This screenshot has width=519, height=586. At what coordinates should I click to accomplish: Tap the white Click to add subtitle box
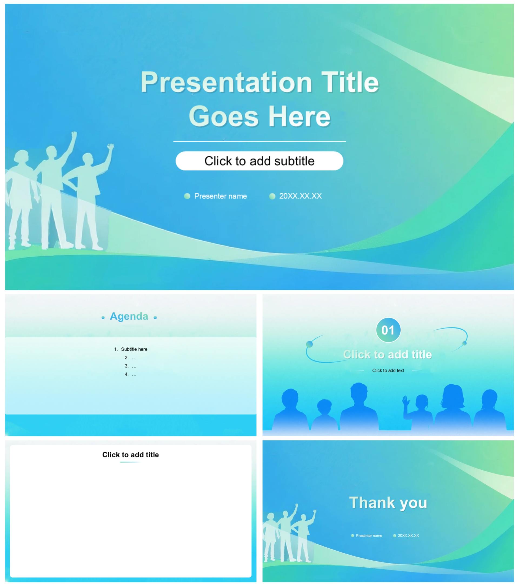pyautogui.click(x=259, y=161)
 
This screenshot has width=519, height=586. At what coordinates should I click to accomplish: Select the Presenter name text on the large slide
pyautogui.click(x=220, y=196)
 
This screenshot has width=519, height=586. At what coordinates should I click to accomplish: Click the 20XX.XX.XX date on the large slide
pyautogui.click(x=300, y=196)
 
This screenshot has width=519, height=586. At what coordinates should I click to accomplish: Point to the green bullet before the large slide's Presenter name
pyautogui.click(x=187, y=196)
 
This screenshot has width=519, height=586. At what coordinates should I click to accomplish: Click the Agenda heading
pyautogui.click(x=129, y=316)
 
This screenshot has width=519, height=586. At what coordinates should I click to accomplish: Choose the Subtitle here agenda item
pyautogui.click(x=134, y=349)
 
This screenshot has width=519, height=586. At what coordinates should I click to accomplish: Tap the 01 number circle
pyautogui.click(x=388, y=330)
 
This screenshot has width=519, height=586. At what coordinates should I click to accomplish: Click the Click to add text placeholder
pyautogui.click(x=388, y=370)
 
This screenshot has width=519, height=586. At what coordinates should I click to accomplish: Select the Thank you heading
pyautogui.click(x=388, y=502)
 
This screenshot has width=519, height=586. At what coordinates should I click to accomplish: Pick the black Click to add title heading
pyautogui.click(x=130, y=455)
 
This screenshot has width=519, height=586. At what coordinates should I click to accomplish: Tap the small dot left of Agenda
pyautogui.click(x=103, y=318)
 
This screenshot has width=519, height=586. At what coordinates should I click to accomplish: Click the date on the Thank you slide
pyautogui.click(x=408, y=535)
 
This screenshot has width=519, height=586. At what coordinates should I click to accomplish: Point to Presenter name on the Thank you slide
pyautogui.click(x=369, y=535)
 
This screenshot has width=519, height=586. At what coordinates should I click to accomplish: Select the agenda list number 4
pyautogui.click(x=127, y=374)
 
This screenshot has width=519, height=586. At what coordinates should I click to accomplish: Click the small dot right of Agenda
pyautogui.click(x=155, y=318)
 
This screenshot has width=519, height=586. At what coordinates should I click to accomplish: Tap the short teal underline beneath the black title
pyautogui.click(x=130, y=462)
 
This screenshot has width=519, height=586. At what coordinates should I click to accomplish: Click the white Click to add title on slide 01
pyautogui.click(x=388, y=355)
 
